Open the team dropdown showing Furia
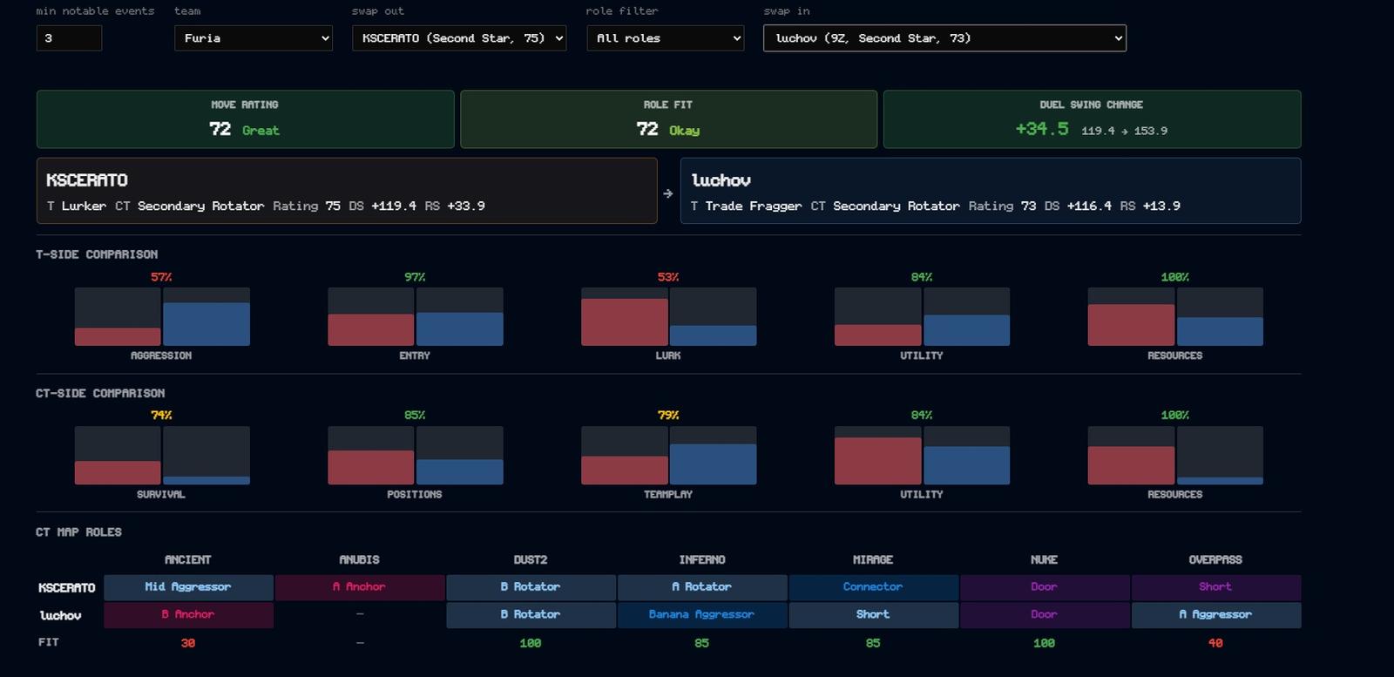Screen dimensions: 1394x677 tap(254, 38)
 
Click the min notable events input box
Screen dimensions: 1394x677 tap(69, 38)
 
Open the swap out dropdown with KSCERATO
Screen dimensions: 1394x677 tap(459, 38)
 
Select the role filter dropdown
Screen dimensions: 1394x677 tap(666, 38)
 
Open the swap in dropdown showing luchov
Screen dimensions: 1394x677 tap(944, 38)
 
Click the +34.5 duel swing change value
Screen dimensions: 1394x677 tap(1042, 129)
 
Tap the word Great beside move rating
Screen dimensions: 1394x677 tap(261, 131)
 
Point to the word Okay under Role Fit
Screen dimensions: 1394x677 tap(685, 131)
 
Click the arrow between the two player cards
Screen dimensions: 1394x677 tap(668, 193)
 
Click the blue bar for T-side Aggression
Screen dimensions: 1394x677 tap(206, 324)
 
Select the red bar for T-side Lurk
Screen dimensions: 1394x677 tap(624, 322)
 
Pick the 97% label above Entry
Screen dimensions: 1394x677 tap(415, 277)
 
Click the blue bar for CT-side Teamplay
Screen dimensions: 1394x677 tap(714, 464)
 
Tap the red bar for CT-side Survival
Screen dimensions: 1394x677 tap(118, 473)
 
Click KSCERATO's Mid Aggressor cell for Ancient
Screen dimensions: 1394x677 tap(188, 586)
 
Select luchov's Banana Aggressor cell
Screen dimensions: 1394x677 tap(702, 615)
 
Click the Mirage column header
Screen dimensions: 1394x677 tap(873, 559)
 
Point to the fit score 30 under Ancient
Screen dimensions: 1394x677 tap(188, 643)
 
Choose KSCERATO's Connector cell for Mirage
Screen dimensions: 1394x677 tap(873, 586)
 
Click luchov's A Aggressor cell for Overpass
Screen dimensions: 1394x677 tap(1216, 615)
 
